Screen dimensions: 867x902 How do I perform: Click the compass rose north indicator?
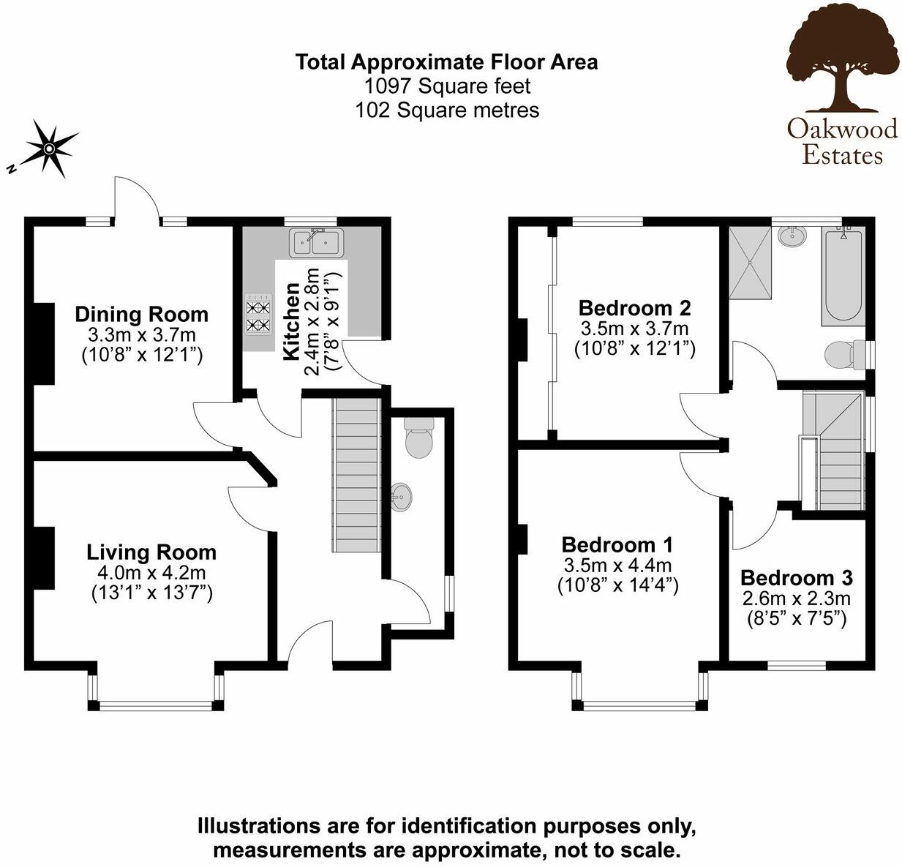click(x=48, y=149)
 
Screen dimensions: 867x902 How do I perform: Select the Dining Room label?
click(x=141, y=315)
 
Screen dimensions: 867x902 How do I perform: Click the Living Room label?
click(x=151, y=552)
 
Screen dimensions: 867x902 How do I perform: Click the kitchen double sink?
click(x=317, y=241)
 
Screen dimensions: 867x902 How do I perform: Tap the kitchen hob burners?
click(x=258, y=317)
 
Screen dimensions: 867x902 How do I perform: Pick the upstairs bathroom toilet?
click(x=843, y=356)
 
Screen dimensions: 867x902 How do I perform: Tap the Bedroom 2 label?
click(x=634, y=307)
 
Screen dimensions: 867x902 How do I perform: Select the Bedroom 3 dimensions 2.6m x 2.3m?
click(x=796, y=599)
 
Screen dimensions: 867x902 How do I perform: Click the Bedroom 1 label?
click(x=617, y=544)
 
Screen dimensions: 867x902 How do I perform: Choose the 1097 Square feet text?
click(x=447, y=86)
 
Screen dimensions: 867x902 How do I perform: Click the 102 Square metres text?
click(x=447, y=110)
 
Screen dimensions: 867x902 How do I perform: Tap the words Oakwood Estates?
click(x=842, y=141)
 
